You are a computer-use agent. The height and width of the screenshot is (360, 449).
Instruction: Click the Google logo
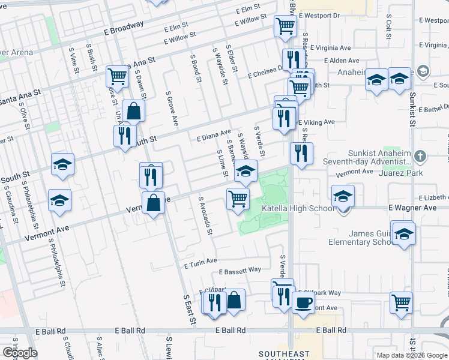[x=20, y=353]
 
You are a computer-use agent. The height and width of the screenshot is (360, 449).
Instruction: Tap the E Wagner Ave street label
[x=412, y=207]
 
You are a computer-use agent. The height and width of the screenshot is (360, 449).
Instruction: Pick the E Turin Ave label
[x=200, y=262]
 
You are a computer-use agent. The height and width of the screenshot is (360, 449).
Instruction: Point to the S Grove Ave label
[x=172, y=112]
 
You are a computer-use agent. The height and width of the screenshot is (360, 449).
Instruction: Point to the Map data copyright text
[x=411, y=355]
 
